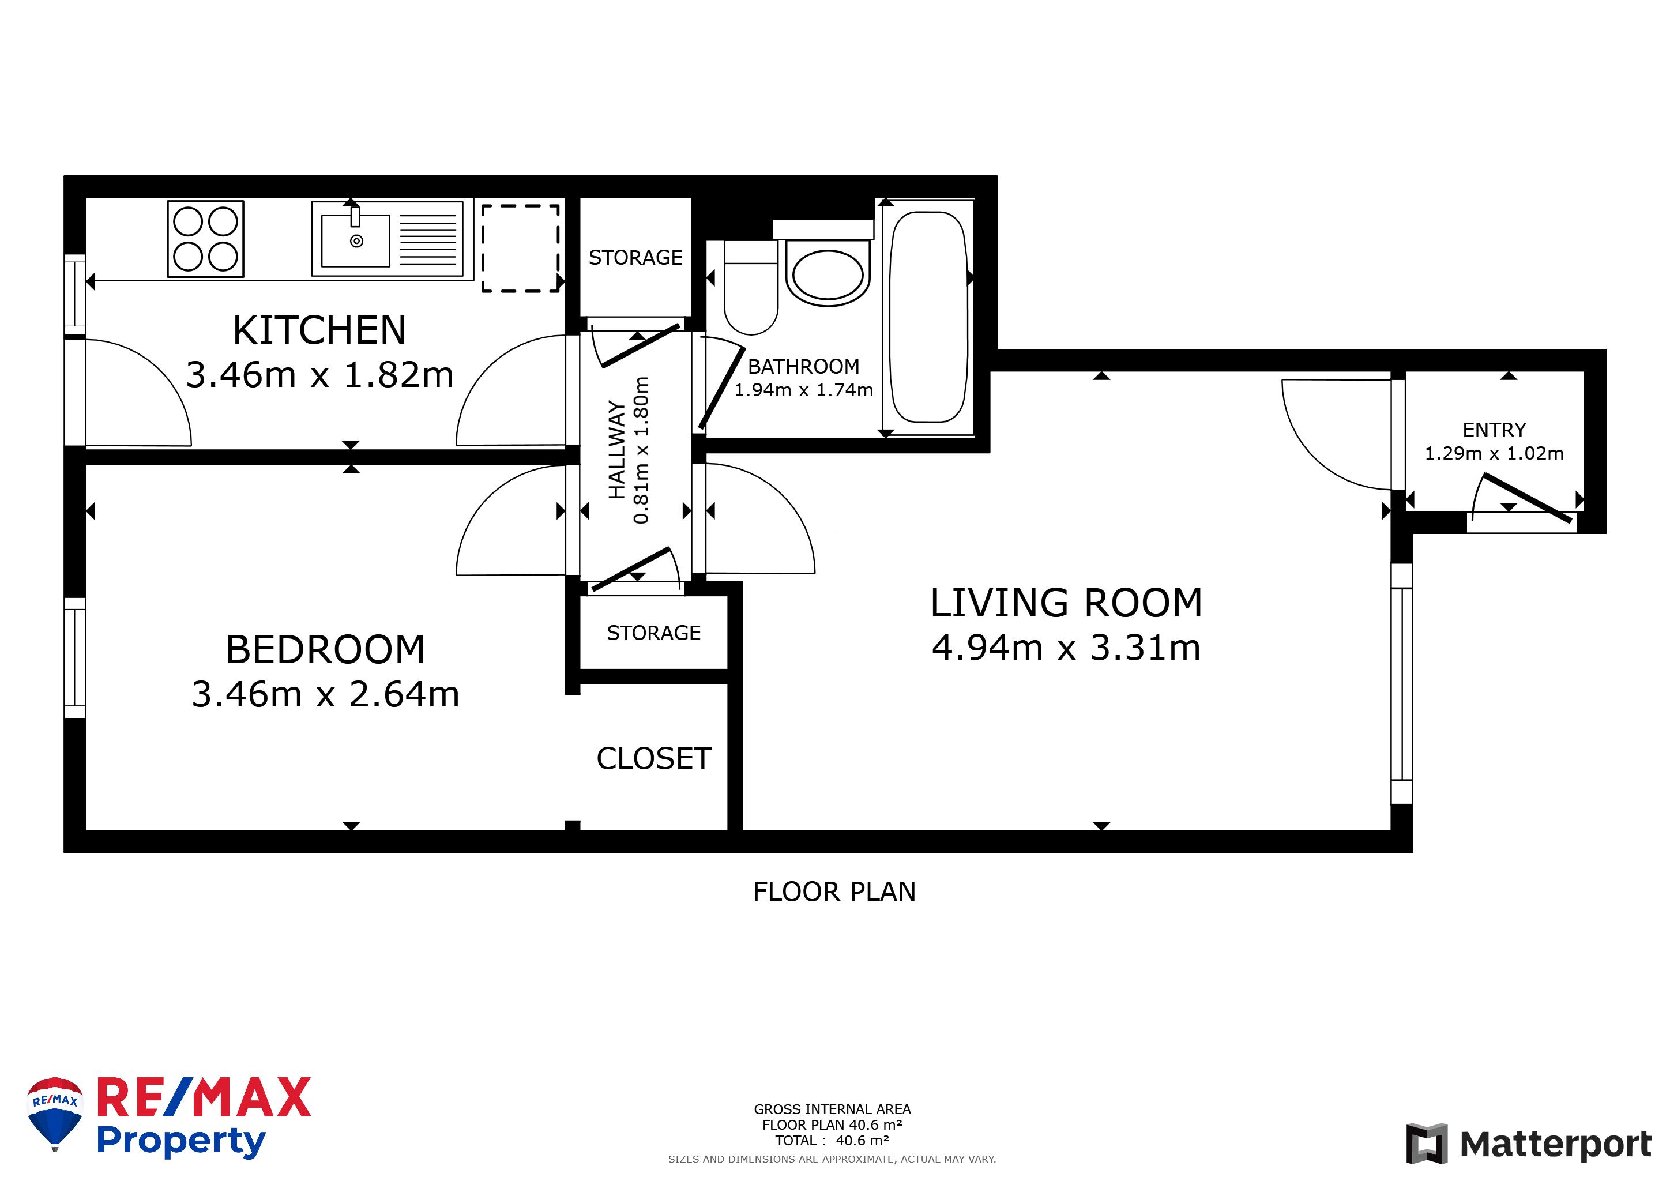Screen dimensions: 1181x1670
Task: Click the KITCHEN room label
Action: click(319, 331)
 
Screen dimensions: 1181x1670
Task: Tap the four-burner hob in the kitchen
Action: click(205, 239)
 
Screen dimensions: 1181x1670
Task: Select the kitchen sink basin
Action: click(356, 240)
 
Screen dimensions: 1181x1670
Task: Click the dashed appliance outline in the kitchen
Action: click(520, 248)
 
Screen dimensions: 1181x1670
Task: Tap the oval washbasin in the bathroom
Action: click(827, 276)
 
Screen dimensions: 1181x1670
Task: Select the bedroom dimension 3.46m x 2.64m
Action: click(325, 694)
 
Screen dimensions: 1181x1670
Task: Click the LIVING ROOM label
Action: click(1066, 603)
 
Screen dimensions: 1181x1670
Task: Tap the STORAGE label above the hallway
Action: click(635, 257)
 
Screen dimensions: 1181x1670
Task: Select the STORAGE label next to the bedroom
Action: click(653, 633)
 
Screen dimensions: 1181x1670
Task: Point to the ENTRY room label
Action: click(1494, 430)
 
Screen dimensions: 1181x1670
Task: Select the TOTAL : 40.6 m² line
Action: click(832, 1140)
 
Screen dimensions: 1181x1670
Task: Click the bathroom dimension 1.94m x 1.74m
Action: click(803, 390)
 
